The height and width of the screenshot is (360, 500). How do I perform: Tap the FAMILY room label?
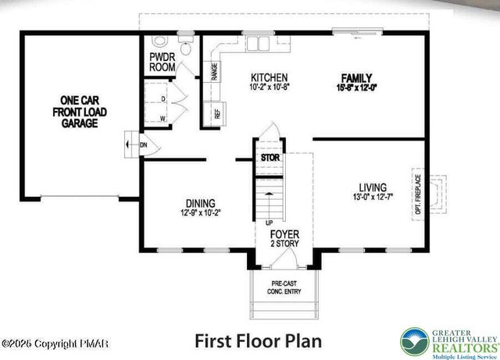[355, 77]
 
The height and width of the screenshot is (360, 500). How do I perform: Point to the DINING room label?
[201, 203]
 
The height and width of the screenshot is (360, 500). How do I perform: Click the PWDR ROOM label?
[162, 62]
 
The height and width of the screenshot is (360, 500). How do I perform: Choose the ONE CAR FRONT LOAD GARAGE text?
[79, 111]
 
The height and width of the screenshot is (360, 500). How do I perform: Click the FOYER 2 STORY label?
[284, 238]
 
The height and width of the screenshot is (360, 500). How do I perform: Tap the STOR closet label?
[270, 158]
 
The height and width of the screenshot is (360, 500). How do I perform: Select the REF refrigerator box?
[216, 114]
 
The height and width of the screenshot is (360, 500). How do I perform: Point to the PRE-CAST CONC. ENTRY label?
[282, 288]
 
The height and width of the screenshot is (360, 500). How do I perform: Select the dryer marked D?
[162, 99]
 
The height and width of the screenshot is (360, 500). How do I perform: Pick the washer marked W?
[162, 118]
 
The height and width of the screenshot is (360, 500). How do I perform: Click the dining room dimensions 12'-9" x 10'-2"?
[201, 212]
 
